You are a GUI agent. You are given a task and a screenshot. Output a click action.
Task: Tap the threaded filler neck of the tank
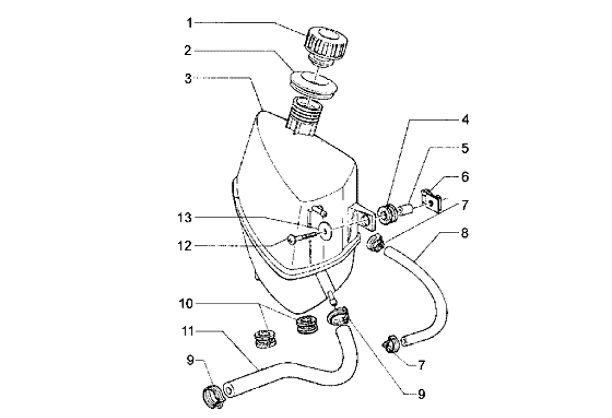click(306, 116)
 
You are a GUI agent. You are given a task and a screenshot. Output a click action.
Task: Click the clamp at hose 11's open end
click(213, 397)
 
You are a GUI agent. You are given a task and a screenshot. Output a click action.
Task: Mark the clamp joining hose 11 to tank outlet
click(338, 316)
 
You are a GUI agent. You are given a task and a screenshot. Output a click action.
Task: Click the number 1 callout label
click(189, 23)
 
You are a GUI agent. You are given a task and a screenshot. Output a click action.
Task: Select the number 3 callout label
click(188, 79)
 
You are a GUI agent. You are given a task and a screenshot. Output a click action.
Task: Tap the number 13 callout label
click(185, 218)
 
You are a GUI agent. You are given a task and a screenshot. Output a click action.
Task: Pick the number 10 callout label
click(186, 304)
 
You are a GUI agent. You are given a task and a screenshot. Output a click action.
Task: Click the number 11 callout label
click(187, 331)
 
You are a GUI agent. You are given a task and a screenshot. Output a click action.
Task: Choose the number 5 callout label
click(465, 148)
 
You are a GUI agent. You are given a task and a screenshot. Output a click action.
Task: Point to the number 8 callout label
click(465, 233)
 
